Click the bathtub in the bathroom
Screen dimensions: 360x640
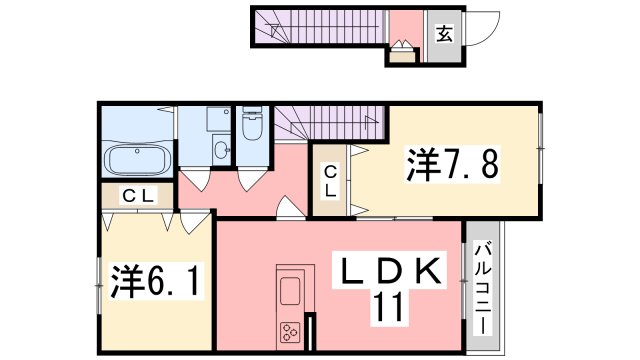tap(135, 160)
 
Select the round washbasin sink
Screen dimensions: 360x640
tap(220, 151)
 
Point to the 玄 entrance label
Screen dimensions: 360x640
tap(444, 33)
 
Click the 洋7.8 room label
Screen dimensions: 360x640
tap(451, 164)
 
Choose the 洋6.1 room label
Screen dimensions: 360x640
tap(154, 281)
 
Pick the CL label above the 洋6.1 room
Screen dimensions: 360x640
tap(137, 196)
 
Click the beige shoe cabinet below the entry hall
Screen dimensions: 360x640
tap(402, 55)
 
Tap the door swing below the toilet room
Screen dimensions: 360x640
tap(251, 177)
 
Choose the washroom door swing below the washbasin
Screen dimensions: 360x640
tap(199, 179)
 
